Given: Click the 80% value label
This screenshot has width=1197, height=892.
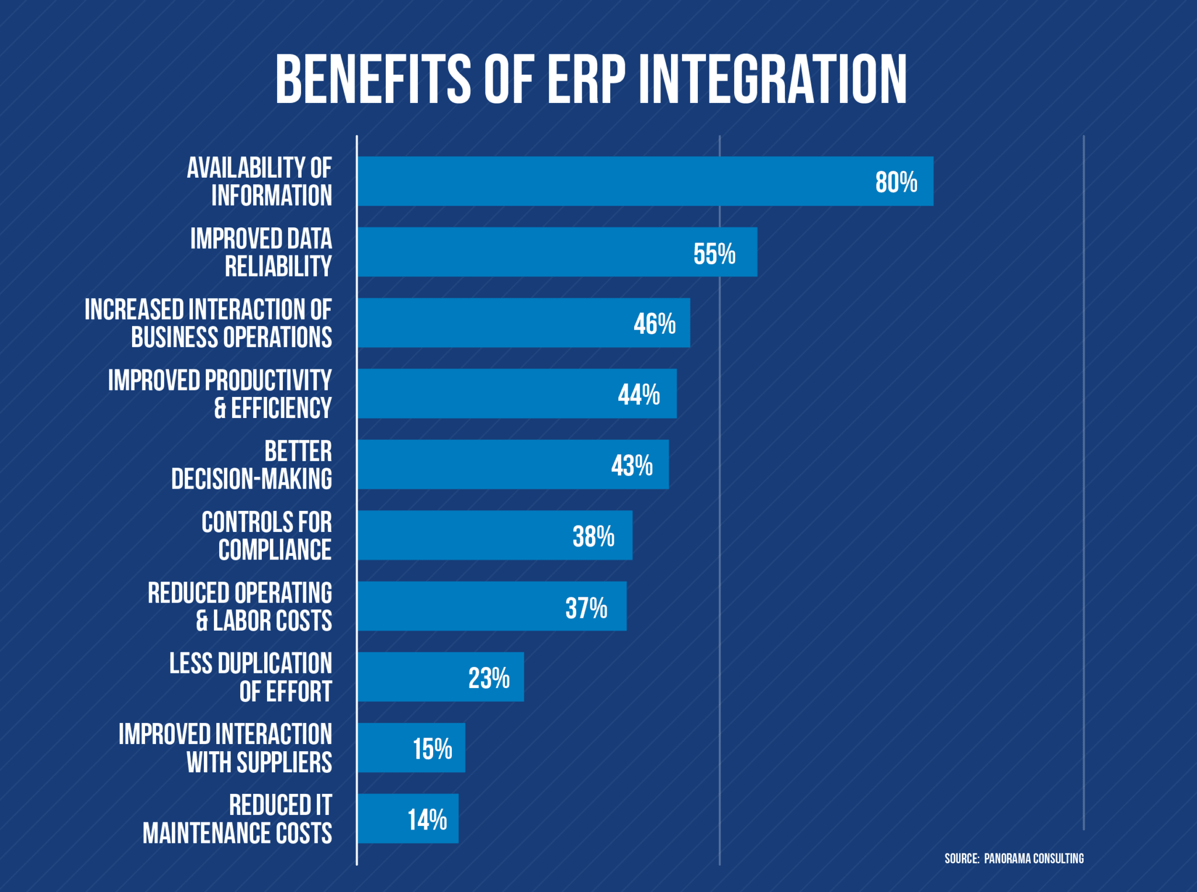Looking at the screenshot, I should coord(895,182).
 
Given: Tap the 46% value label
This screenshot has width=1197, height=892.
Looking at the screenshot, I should coord(654,323).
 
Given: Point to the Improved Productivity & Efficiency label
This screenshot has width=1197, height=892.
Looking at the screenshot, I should coord(220,394).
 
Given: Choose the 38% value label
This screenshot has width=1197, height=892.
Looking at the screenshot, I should coord(593,536).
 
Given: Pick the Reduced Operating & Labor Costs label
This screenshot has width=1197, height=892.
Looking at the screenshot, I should coord(240,607).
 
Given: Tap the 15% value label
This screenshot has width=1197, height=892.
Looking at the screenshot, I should coord(432,748).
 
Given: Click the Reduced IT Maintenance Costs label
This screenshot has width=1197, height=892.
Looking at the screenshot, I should coord(237,819).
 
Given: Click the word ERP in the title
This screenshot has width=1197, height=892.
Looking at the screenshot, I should coord(585,79).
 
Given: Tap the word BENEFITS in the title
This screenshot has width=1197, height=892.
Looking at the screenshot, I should coord(373,79).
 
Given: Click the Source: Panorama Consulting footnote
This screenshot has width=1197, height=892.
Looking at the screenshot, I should coord(1013,858).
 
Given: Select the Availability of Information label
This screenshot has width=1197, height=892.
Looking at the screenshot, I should coord(259,181).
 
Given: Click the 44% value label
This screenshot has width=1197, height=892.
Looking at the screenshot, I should coord(638,395).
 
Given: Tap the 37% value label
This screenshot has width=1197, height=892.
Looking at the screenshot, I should coord(586,607).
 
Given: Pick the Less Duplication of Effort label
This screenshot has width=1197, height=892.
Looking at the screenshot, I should coord(250,677).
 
